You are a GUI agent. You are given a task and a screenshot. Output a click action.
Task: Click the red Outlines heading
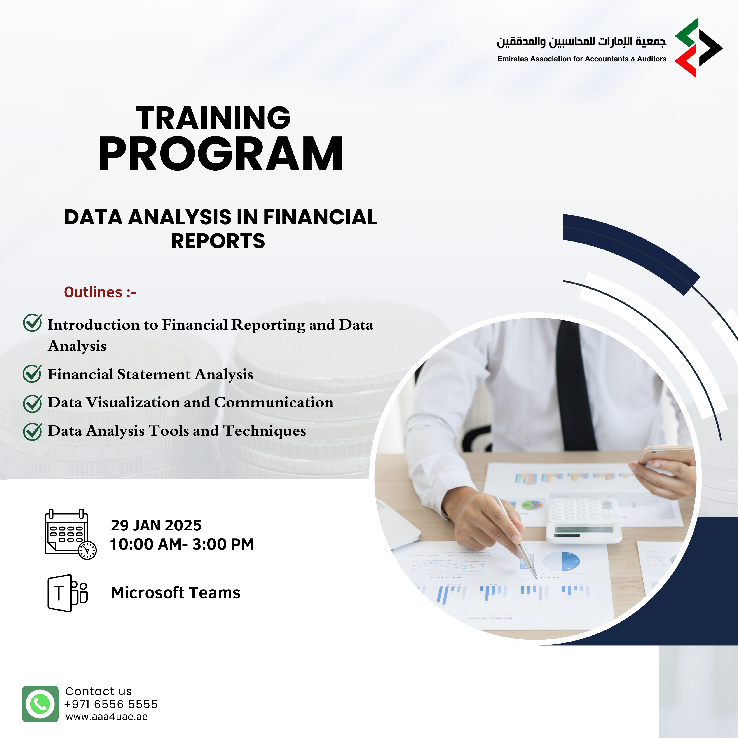100,292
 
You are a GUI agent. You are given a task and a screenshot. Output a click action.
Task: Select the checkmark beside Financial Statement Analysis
32,373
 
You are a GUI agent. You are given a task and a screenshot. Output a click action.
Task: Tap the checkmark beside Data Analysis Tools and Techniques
32,432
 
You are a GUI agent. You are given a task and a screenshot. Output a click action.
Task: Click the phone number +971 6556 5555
111,704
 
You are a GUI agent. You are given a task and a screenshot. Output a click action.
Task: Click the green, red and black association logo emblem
699,48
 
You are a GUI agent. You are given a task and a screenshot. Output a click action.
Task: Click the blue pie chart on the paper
562,562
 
